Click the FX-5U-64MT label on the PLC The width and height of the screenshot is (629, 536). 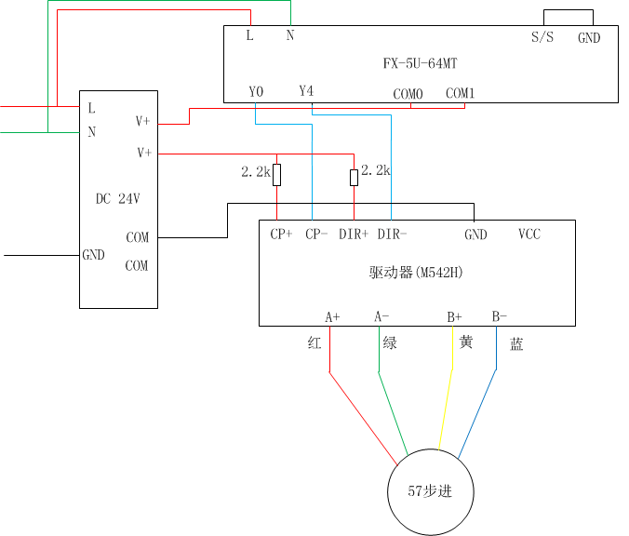pos(420,64)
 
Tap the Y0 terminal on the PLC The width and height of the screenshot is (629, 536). pos(256,91)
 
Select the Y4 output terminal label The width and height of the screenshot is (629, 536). pos(306,91)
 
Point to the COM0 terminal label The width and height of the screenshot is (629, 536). pos(408,94)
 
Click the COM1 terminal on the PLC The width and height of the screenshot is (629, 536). pos(460,93)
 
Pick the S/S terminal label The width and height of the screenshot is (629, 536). pos(542,38)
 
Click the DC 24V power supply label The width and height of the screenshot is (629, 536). pos(118,198)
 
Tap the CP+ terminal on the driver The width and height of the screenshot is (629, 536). pos(281,234)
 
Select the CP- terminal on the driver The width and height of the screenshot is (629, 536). pos(316,234)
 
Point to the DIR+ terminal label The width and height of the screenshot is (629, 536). pos(354,234)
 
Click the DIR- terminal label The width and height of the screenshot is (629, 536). pos(392,234)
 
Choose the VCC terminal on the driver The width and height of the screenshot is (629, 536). pos(529,234)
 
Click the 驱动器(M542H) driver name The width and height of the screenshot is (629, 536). pos(416,273)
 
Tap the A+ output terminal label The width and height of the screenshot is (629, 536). pos(332,316)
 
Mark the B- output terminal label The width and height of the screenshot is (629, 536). pos(500,316)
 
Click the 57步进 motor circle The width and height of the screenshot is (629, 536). pos(430,491)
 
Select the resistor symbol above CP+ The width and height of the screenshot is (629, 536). pos(277,174)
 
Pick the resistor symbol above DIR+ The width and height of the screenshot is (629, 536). pos(354,177)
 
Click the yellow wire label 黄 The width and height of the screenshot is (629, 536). pos(466,342)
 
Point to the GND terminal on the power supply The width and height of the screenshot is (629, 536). pos(94,255)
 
